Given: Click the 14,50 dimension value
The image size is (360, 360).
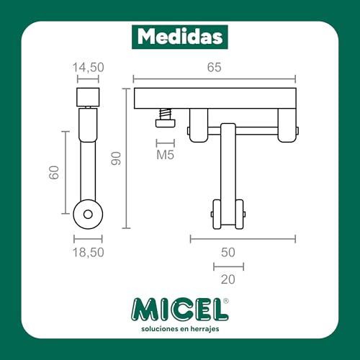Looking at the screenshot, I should point(88,67).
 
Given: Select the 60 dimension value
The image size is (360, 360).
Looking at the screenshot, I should point(53,174).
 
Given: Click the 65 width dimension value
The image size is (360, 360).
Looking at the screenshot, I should point(215,67).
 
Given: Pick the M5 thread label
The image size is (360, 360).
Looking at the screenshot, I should point(165,154).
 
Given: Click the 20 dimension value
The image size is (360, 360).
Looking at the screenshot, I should point(228,278).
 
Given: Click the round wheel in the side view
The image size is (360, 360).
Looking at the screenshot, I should point(88,213).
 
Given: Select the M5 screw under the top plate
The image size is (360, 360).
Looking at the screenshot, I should point(164,117).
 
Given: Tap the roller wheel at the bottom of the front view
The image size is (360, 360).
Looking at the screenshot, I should point(228,214).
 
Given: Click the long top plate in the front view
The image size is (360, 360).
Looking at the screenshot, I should point(215,97).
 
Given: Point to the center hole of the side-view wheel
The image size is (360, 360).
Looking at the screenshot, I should point(88,213).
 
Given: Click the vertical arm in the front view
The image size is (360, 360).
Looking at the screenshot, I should point(228,166).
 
